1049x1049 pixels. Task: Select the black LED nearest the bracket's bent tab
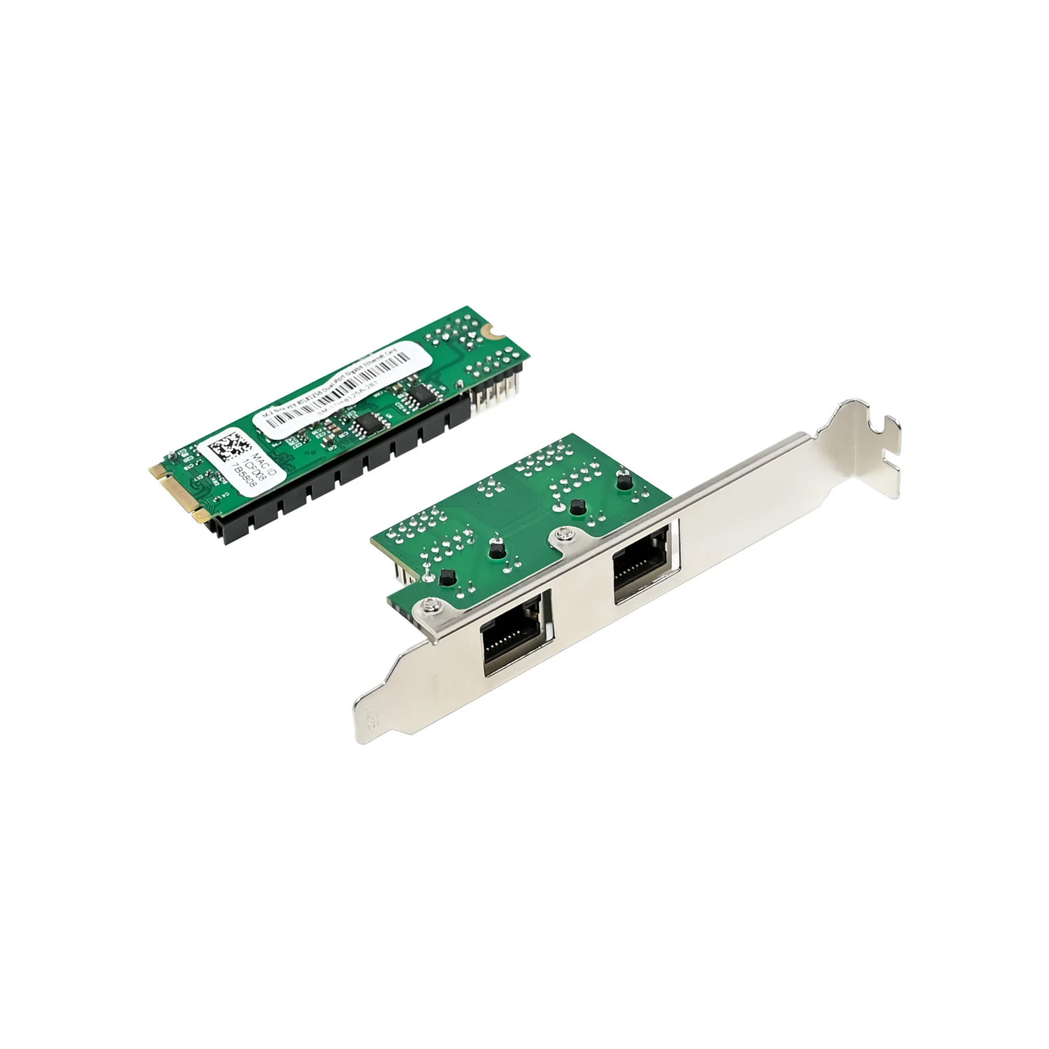(622, 481)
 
